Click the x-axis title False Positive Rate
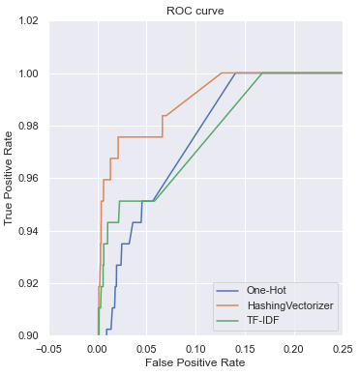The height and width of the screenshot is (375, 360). tap(195, 363)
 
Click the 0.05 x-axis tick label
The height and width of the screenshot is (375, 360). tap(147, 348)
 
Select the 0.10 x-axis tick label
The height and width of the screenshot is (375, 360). tap(195, 348)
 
